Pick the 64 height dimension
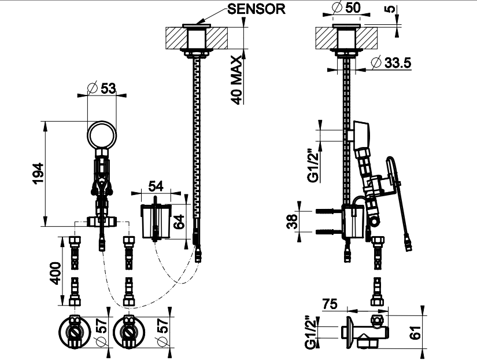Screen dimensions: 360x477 (x=180, y=221)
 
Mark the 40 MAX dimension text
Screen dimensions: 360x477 (x=236, y=79)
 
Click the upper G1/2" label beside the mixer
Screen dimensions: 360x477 (x=313, y=166)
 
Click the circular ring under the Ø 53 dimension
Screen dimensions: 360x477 (x=103, y=135)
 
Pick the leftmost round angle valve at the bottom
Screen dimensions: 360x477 (x=75, y=333)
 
